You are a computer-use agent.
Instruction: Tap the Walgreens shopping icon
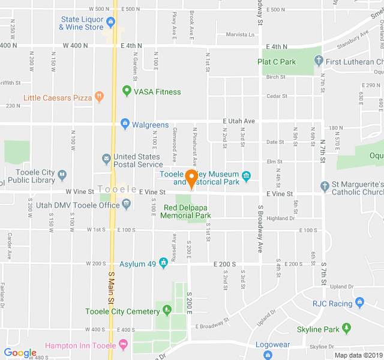click(125, 124)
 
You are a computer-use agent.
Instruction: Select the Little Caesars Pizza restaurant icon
click(100, 97)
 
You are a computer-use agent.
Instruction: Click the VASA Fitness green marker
click(127, 91)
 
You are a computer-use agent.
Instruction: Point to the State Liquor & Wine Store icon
click(110, 23)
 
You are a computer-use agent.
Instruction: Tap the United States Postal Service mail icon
click(107, 158)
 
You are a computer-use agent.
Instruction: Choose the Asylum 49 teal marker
click(163, 263)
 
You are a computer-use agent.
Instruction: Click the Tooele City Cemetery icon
click(167, 311)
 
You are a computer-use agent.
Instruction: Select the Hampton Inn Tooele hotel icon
click(123, 345)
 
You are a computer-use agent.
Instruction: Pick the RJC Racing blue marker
click(359, 303)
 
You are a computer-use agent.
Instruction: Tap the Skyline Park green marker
click(346, 329)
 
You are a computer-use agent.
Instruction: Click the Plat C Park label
click(277, 62)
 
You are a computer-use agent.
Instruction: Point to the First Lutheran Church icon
click(319, 61)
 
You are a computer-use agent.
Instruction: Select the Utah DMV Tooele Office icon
click(127, 205)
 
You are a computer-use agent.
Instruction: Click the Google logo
click(20, 353)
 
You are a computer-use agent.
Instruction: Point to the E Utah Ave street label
click(238, 121)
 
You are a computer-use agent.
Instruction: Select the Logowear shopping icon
click(268, 354)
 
